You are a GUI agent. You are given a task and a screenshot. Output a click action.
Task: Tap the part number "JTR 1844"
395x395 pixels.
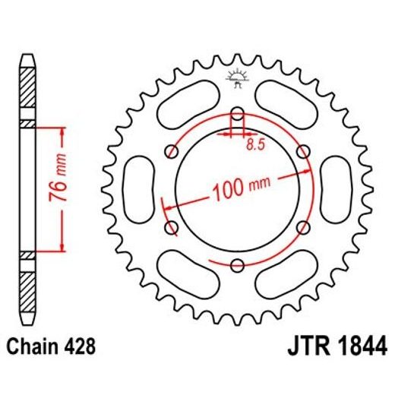point(332,348)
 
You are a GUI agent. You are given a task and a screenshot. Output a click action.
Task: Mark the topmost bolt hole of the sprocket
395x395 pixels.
point(237,115)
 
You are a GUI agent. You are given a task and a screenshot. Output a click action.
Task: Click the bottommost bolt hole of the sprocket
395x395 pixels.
point(237,264)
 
